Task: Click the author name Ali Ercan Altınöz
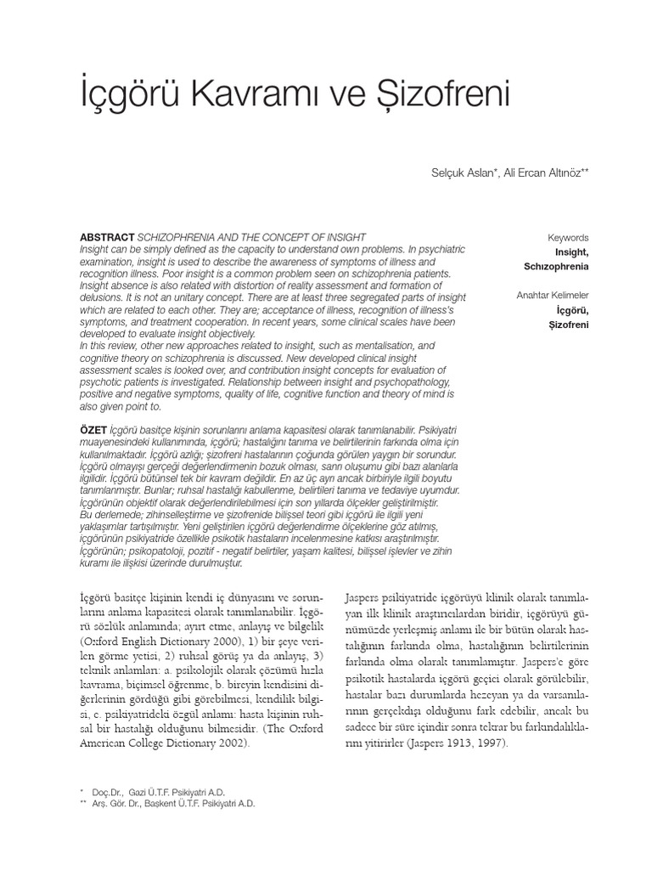[x=546, y=172]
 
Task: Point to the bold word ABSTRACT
[x=106, y=237]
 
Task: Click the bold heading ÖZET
[x=93, y=432]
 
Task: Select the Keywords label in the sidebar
[x=568, y=239]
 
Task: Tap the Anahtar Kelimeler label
[x=553, y=296]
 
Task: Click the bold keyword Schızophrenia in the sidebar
[x=556, y=267]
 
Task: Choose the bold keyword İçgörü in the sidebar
[x=573, y=310]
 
